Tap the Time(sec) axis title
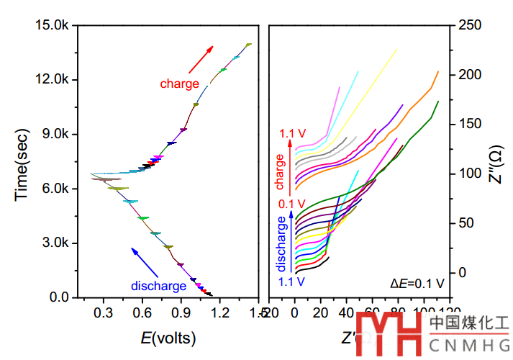coord(23,160)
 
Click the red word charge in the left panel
coord(180,84)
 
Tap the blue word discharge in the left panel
coord(158,286)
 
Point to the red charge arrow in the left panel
coord(200,59)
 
